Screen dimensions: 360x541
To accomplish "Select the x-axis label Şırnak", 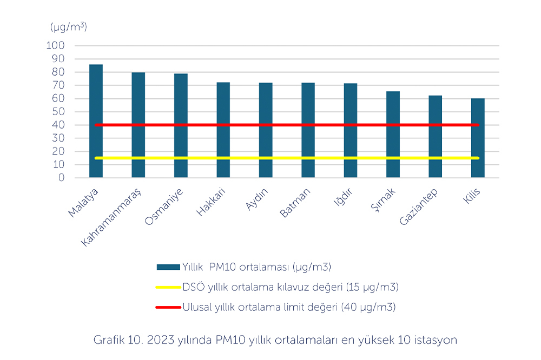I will (384, 202).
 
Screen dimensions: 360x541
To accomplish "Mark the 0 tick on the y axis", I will (61, 178).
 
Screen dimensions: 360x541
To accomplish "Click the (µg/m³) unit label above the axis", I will (69, 26).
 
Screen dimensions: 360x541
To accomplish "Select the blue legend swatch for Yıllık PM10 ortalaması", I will (168, 267).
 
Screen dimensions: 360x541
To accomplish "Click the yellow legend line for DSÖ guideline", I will (168, 287).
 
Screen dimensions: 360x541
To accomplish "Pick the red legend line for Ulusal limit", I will (168, 307).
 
